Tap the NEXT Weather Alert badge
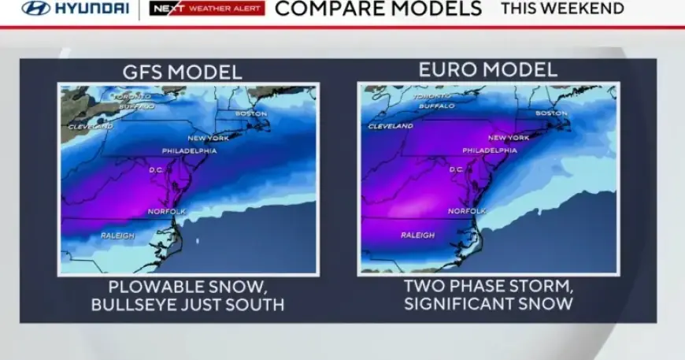(x=207, y=9)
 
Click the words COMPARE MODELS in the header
(x=378, y=9)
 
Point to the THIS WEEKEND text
(x=562, y=9)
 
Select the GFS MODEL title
(x=182, y=72)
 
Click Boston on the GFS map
(x=251, y=113)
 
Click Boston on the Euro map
(x=551, y=113)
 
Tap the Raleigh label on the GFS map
(x=117, y=236)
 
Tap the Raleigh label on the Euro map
(x=417, y=235)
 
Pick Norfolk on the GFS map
(x=167, y=211)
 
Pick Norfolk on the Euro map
(x=467, y=211)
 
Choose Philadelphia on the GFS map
(x=189, y=150)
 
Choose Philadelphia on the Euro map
(x=490, y=150)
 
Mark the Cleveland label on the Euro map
(x=391, y=126)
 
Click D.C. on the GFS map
(x=157, y=169)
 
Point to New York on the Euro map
(x=509, y=137)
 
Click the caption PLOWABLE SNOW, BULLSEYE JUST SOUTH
(x=187, y=295)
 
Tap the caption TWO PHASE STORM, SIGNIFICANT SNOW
(x=488, y=295)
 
